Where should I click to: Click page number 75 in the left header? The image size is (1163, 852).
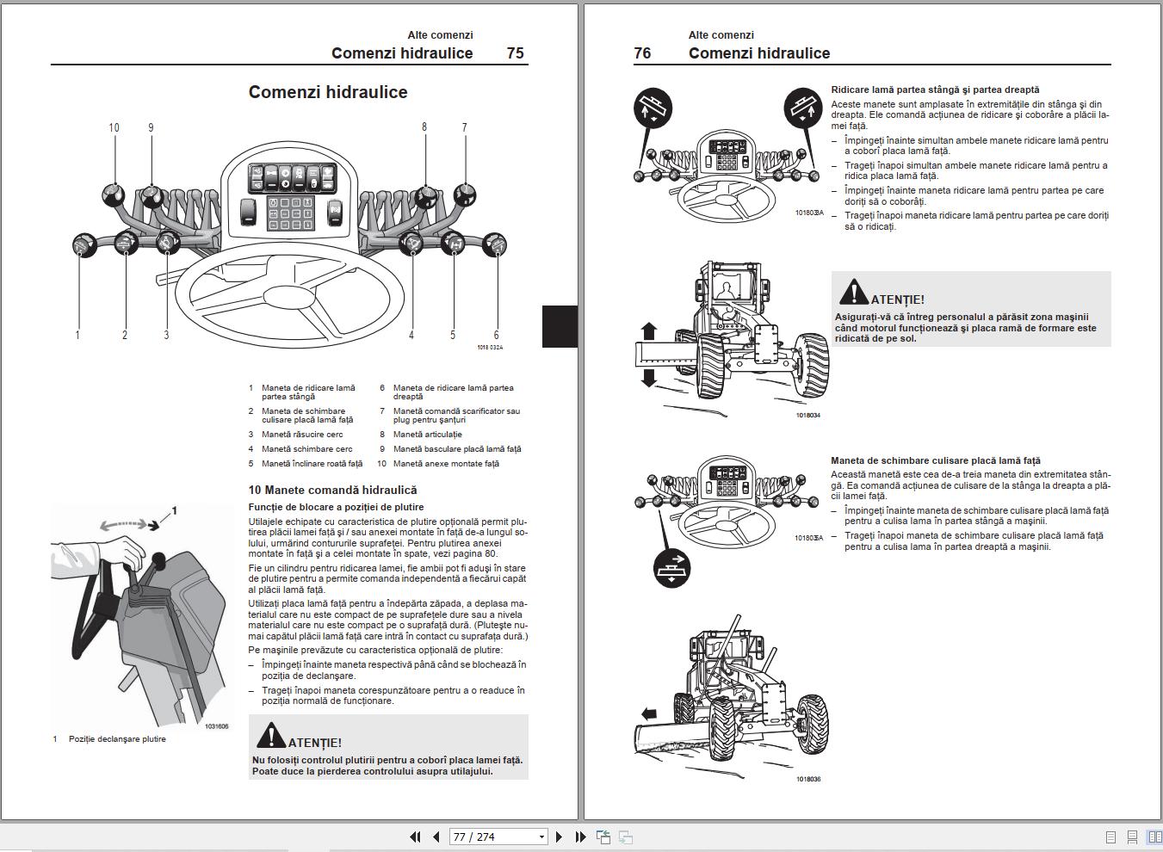click(515, 53)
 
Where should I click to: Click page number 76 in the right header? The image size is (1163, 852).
click(642, 53)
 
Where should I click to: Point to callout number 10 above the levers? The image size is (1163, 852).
click(114, 127)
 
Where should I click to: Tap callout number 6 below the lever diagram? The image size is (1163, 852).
click(496, 335)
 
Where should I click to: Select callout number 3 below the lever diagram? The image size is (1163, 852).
click(166, 335)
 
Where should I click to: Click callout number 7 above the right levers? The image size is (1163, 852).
click(464, 127)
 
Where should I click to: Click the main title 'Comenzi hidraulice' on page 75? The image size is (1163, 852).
click(328, 92)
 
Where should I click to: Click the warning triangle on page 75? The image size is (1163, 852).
click(270, 736)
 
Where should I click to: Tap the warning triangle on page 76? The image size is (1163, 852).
click(853, 293)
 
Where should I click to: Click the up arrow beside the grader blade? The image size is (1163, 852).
click(649, 331)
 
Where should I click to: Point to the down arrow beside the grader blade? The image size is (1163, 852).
click(649, 377)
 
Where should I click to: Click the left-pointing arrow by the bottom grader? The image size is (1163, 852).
click(649, 713)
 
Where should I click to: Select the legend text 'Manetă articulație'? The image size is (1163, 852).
click(427, 435)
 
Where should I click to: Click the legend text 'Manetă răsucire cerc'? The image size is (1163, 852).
click(302, 435)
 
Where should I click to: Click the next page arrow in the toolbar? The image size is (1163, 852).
click(559, 837)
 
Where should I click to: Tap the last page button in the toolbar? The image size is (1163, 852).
click(580, 837)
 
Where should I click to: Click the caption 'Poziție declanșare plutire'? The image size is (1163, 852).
click(117, 739)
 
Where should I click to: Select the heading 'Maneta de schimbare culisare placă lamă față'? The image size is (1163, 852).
click(936, 460)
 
